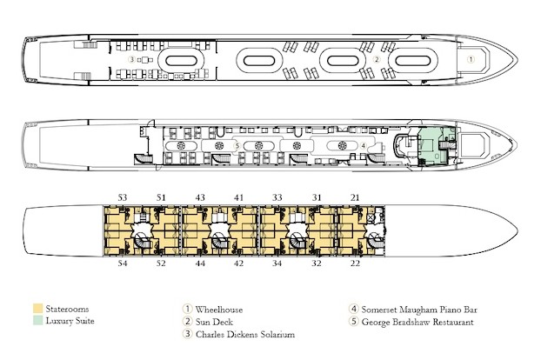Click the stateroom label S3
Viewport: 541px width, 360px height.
coord(123,197)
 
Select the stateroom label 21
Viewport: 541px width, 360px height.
coord(355,197)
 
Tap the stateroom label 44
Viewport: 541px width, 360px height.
coord(200,263)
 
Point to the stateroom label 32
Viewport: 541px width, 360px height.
coord(317,263)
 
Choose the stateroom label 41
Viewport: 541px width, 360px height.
coord(239,197)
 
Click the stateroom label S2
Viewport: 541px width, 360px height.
coord(161,263)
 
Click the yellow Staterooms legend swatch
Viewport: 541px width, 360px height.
coord(37,309)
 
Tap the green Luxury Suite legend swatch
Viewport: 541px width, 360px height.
coord(37,320)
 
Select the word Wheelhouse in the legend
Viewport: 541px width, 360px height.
coord(219,310)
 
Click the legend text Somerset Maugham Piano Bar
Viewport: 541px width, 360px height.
coord(419,310)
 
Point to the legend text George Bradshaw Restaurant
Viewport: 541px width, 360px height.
coord(417,322)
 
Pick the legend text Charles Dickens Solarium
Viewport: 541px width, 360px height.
coord(245,334)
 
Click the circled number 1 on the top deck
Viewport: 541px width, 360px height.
coord(471,59)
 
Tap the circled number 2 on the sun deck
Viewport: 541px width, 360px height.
coord(377,59)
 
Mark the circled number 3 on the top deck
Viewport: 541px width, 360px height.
coord(131,60)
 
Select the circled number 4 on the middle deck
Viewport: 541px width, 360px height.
coord(364,146)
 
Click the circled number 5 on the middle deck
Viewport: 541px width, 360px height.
coord(237,146)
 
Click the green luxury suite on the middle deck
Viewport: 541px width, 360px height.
coord(436,146)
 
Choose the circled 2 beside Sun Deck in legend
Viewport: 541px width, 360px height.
coord(187,322)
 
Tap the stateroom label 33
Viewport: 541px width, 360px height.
coord(277,197)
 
